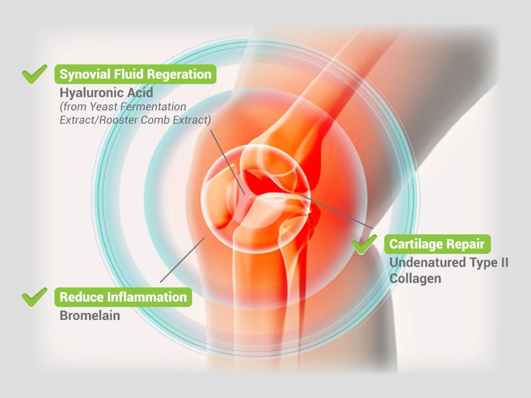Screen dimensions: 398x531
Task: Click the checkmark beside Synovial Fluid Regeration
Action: tap(34, 74)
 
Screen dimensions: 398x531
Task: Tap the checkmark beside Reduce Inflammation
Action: tap(34, 297)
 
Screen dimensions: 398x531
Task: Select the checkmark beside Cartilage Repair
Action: tap(364, 244)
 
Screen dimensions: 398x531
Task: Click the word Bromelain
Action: tap(90, 315)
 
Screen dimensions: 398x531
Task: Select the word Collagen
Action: tap(415, 278)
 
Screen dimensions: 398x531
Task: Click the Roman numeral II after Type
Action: tap(504, 262)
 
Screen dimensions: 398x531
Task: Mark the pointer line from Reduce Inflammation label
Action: tap(182, 260)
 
